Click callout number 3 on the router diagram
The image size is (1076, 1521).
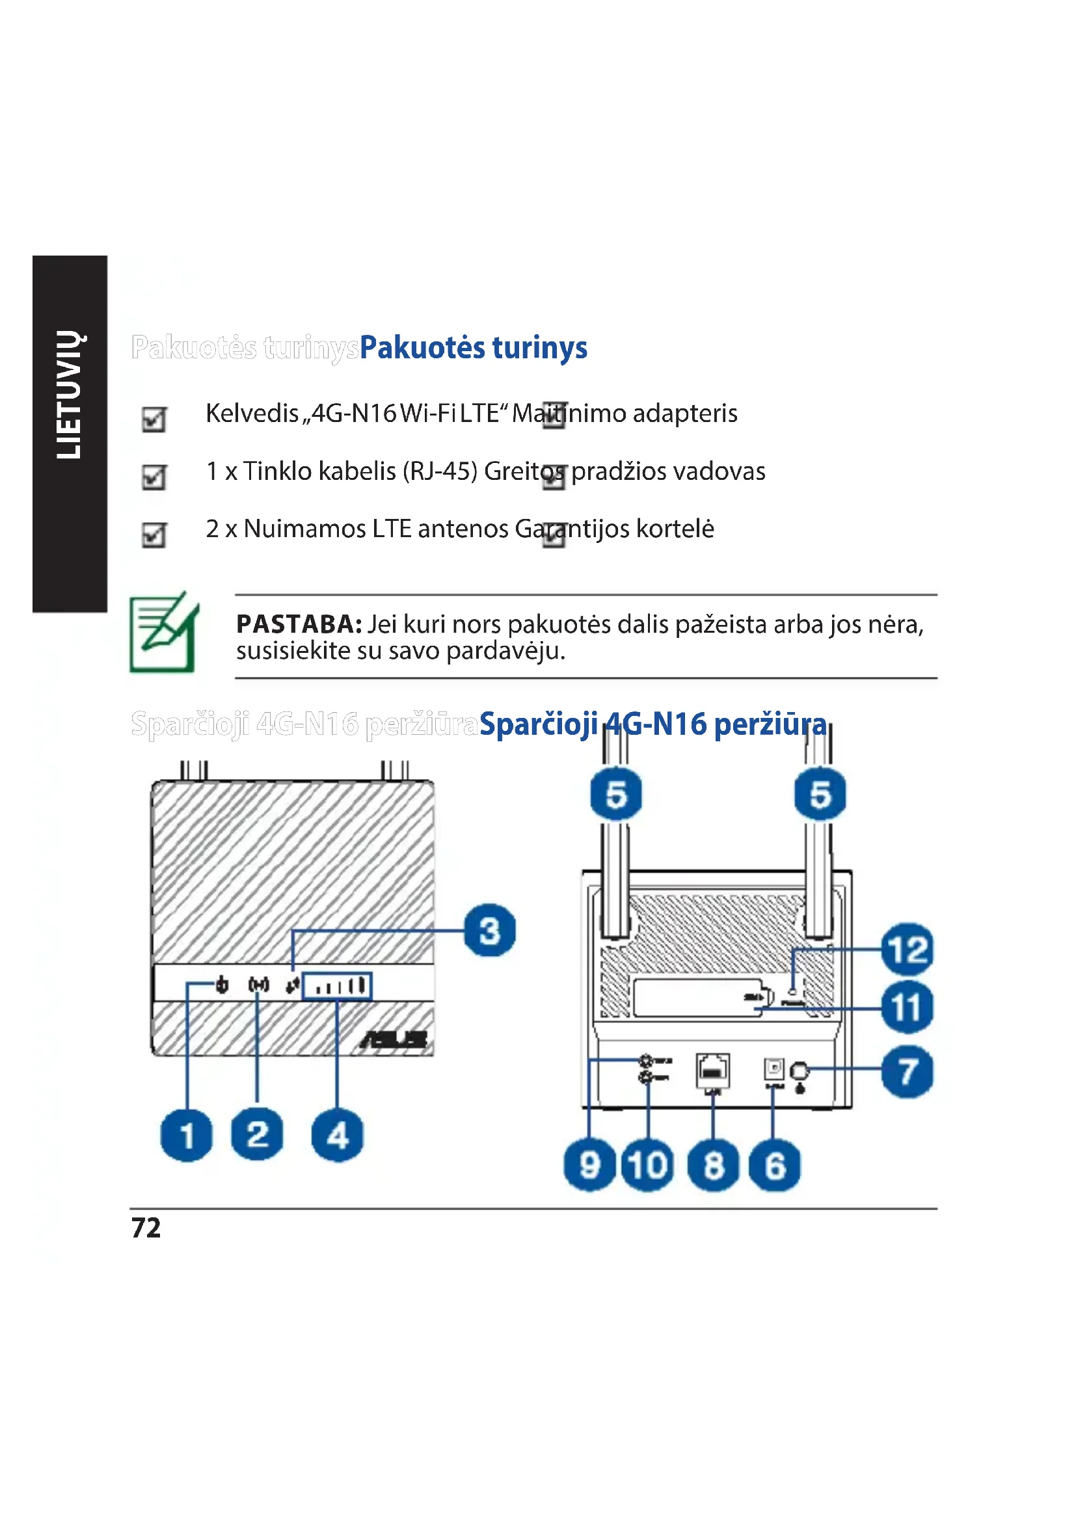tap(490, 930)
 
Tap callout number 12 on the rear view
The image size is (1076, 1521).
tap(907, 949)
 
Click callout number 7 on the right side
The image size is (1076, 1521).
tap(907, 1071)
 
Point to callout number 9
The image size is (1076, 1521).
tap(589, 1165)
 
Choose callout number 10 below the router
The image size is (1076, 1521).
tap(647, 1165)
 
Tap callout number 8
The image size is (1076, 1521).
tap(713, 1165)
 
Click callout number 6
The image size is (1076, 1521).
tap(774, 1165)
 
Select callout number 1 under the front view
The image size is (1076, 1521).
tap(187, 1135)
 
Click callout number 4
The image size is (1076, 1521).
tap(337, 1135)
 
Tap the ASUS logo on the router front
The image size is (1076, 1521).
tap(394, 1039)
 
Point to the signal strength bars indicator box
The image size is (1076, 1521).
tap(337, 986)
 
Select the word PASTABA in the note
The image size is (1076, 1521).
tap(299, 624)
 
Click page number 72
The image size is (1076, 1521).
tap(146, 1228)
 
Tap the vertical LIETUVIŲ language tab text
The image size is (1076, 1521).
tap(69, 395)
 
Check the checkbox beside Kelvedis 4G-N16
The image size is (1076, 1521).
tap(154, 419)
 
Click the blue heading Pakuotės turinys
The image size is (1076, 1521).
tap(473, 347)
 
